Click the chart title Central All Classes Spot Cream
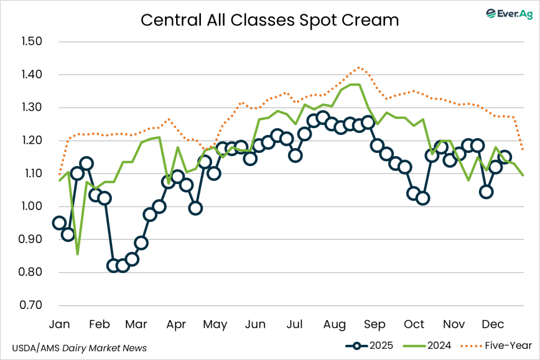click(x=269, y=20)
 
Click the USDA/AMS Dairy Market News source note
click(x=79, y=348)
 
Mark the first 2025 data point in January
click(x=60, y=223)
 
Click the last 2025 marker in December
click(x=505, y=157)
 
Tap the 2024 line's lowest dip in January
click(x=78, y=254)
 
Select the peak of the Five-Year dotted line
click(x=359, y=67)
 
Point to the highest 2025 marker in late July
click(x=323, y=118)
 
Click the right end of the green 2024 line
click(x=523, y=175)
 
